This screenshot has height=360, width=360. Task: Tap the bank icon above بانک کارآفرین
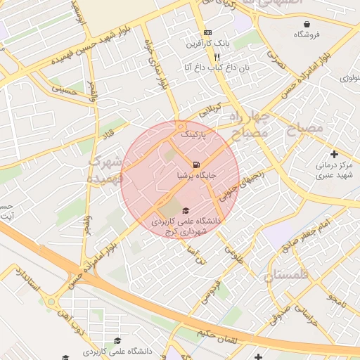[207, 33]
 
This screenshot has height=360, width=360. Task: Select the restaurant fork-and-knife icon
[217, 56]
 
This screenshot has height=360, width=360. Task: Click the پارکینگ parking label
[194, 133]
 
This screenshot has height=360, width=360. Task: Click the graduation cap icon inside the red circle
[185, 211]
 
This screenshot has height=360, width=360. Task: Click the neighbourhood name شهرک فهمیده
[100, 169]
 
